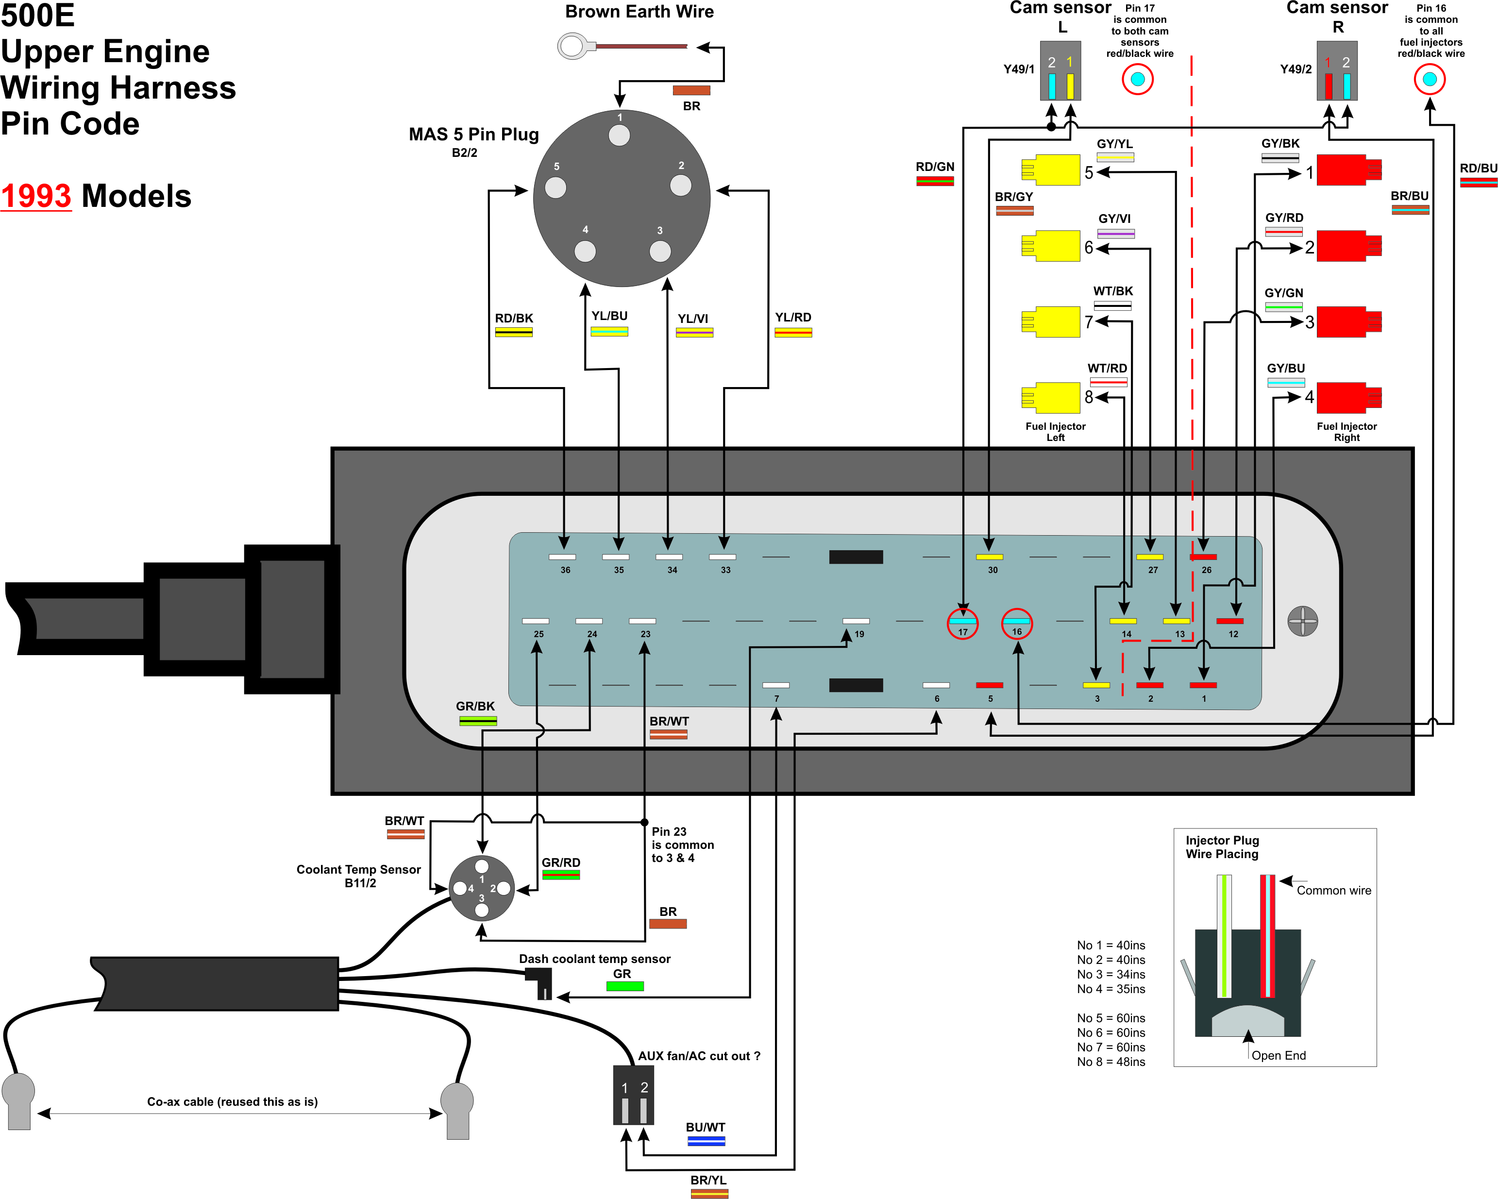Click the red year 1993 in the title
(36, 196)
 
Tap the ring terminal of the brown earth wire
(571, 47)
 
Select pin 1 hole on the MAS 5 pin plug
(619, 135)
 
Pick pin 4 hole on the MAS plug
(585, 251)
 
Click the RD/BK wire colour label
(513, 319)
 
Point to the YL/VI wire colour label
(693, 319)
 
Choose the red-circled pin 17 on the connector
(962, 624)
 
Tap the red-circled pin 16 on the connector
(1016, 624)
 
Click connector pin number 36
(565, 570)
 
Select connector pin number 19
(859, 634)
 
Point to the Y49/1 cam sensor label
(1019, 69)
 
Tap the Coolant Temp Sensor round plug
(482, 888)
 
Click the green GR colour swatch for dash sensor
(624, 986)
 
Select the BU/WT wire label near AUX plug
(705, 1128)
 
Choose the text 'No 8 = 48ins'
(1111, 1062)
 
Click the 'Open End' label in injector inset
(1279, 1056)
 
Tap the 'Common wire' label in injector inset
(1333, 891)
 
